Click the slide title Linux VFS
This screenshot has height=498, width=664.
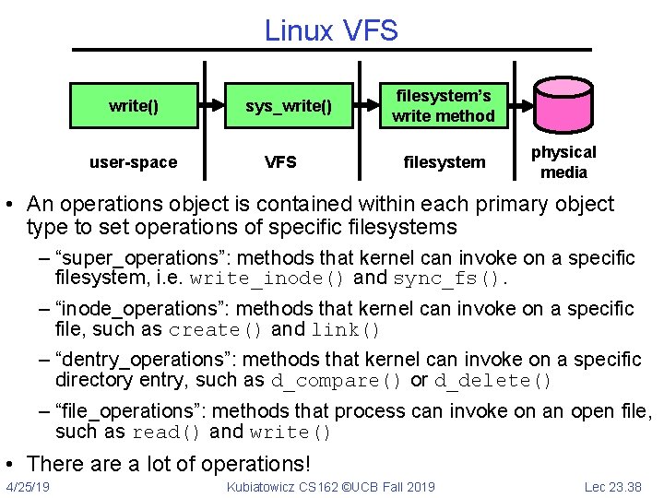pos(331,30)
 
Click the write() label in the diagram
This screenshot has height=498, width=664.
pos(134,105)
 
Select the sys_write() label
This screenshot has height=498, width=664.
pos(289,105)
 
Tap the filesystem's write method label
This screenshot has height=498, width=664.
pos(443,105)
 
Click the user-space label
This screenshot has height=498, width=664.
pos(133,162)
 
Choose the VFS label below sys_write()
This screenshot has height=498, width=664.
pos(280,162)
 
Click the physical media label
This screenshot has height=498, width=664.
pos(563,162)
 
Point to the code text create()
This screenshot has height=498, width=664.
pos(216,330)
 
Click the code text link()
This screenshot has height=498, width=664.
pos(346,330)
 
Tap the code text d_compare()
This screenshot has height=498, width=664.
pos(337,381)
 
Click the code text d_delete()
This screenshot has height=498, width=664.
pos(493,381)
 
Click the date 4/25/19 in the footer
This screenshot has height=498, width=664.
pos(28,486)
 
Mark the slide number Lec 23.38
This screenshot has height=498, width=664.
pos(613,486)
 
